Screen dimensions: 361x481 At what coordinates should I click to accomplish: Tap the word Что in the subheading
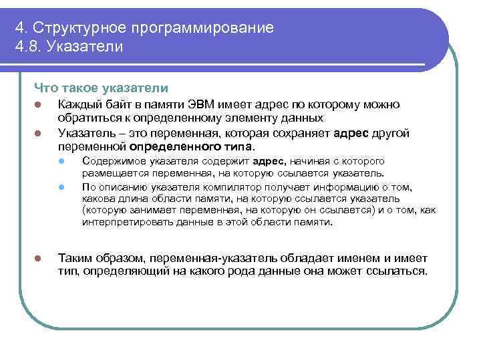click(45, 88)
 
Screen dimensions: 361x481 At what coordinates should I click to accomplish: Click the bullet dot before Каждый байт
click(39, 105)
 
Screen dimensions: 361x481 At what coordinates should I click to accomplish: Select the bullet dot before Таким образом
click(39, 259)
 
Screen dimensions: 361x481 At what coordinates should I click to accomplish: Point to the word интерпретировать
click(124, 221)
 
